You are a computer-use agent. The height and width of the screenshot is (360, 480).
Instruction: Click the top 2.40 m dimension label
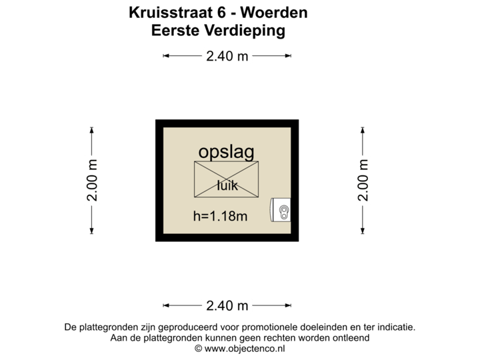(x=227, y=57)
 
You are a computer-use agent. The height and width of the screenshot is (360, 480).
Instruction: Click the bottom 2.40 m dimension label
(x=227, y=306)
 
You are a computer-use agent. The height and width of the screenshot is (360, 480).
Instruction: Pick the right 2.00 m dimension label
(x=363, y=179)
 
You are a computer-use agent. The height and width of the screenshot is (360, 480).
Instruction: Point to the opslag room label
(x=226, y=152)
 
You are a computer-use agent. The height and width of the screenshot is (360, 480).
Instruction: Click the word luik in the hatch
(x=227, y=186)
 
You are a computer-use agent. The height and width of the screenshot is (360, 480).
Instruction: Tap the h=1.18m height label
(x=220, y=216)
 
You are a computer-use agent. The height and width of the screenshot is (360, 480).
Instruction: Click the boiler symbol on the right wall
(x=282, y=210)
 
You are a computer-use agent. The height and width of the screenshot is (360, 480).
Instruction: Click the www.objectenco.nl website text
(x=244, y=348)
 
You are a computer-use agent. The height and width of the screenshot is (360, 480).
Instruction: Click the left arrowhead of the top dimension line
(x=166, y=57)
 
